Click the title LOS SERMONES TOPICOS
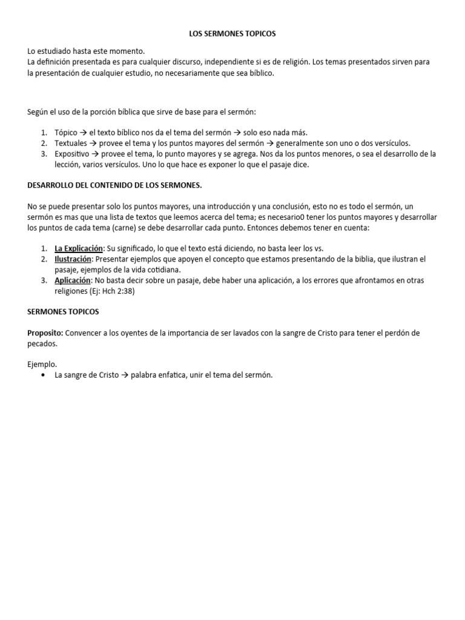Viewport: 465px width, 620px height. point(232,34)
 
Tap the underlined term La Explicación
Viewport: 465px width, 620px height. point(79,248)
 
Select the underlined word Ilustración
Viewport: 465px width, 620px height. point(73,259)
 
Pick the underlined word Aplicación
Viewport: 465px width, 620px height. point(73,280)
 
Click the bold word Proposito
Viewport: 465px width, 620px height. point(45,333)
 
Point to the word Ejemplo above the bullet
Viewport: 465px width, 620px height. point(42,364)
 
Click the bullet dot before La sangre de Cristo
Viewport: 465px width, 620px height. point(43,375)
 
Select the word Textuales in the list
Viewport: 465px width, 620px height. point(71,143)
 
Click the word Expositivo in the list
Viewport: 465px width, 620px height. point(72,154)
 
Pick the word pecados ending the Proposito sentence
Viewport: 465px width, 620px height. point(43,343)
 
